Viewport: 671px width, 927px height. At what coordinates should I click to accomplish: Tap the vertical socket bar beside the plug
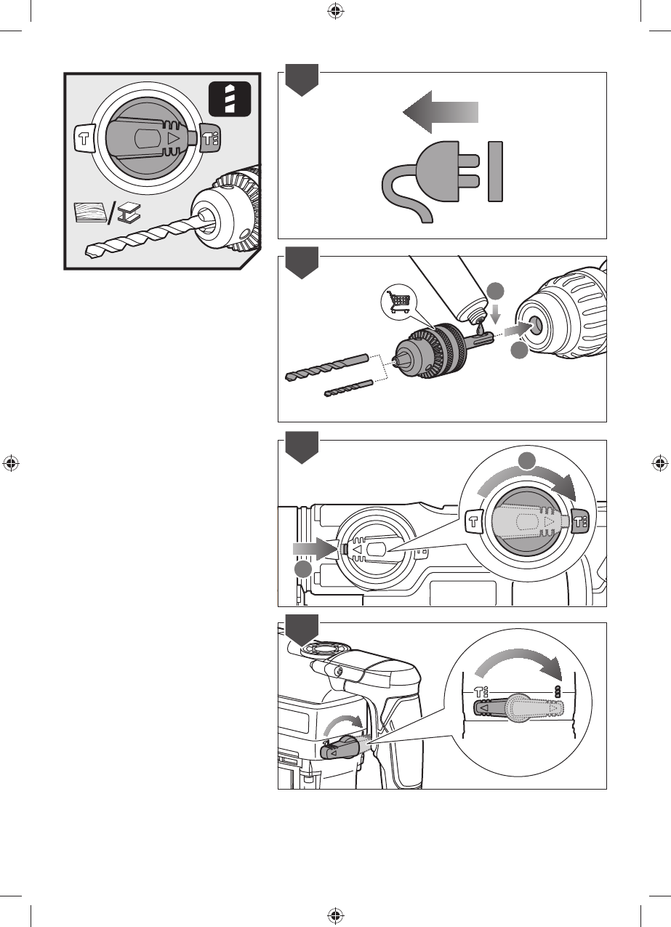coord(496,172)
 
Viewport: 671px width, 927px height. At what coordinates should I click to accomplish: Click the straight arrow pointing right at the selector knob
coord(313,549)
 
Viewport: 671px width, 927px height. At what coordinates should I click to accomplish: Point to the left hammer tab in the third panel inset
coord(474,521)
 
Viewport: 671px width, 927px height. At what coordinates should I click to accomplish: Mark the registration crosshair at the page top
coord(335,11)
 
